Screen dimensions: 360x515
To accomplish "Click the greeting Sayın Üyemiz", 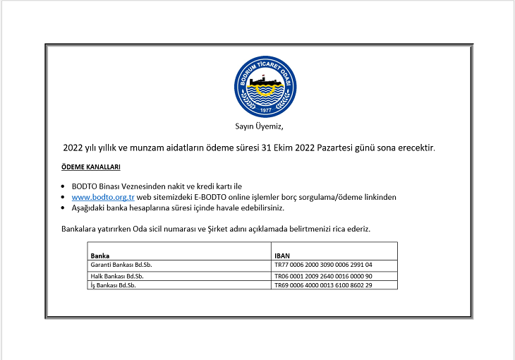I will [258, 127].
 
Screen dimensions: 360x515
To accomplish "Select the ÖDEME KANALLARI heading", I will [91, 167].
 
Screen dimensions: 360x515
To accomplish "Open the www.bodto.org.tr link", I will [103, 197].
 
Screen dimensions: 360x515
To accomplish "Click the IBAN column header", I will [281, 255].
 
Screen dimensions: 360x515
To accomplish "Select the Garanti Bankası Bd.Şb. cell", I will [122, 265].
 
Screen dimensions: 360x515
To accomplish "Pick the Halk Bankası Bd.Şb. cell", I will [117, 275].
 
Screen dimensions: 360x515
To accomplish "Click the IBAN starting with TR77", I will [323, 265].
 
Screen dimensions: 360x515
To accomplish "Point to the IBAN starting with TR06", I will [323, 275].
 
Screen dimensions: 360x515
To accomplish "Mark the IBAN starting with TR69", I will [323, 285].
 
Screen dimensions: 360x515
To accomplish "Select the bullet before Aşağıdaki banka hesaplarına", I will [64, 208].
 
